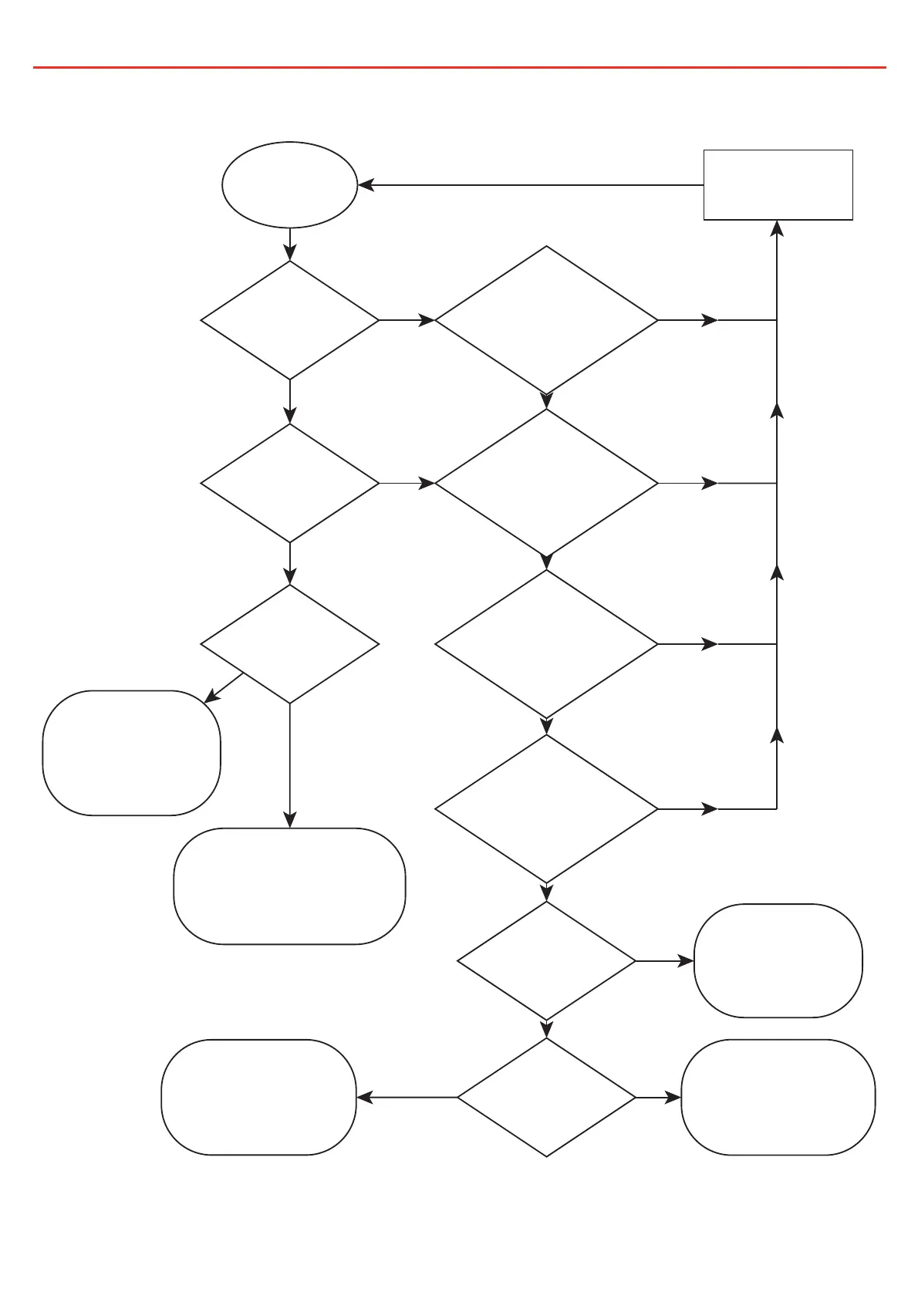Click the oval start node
click(x=289, y=185)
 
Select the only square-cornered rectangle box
click(x=778, y=185)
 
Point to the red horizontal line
click(x=459, y=68)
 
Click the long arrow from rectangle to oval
click(x=532, y=185)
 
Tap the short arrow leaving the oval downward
click(x=290, y=244)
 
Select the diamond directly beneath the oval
click(x=289, y=320)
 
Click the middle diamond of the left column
click(x=289, y=484)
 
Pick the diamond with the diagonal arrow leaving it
click(x=289, y=644)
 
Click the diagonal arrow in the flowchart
click(x=224, y=687)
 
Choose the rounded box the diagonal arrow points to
click(x=131, y=753)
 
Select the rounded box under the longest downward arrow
click(x=289, y=886)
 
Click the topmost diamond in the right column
click(x=546, y=320)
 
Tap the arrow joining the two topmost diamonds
click(x=407, y=320)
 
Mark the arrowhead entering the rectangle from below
click(x=778, y=228)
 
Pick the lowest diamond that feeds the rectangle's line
click(x=546, y=809)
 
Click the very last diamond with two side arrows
click(x=546, y=1097)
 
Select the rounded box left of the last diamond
click(x=258, y=1097)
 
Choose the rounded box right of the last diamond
click(x=778, y=1097)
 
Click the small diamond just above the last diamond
click(x=546, y=961)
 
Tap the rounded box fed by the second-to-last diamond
click(x=778, y=961)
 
